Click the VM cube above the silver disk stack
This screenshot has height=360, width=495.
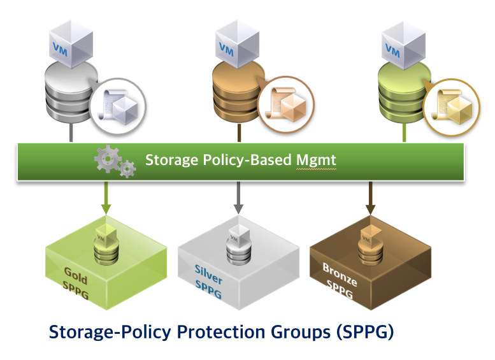coord(71,44)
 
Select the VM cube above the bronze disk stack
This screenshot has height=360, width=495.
coord(238,44)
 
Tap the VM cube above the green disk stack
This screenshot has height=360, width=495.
coord(404,45)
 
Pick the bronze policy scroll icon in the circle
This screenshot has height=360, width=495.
coord(285,104)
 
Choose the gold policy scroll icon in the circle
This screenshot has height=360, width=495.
coord(452,107)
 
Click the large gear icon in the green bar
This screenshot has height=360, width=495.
coord(108,159)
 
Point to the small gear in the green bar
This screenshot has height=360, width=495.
coord(127,169)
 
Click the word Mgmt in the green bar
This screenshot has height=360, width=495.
coord(316,160)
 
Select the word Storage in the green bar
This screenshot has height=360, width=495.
coord(171,160)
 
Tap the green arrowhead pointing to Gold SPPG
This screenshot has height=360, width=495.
coord(106,210)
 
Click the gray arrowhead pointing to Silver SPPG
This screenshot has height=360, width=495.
coord(238,209)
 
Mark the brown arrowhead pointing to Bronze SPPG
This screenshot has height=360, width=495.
coord(370,210)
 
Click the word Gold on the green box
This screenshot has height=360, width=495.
coord(75,276)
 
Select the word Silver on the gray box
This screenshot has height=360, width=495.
coord(208,274)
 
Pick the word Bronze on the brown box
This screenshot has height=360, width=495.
coord(340,275)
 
